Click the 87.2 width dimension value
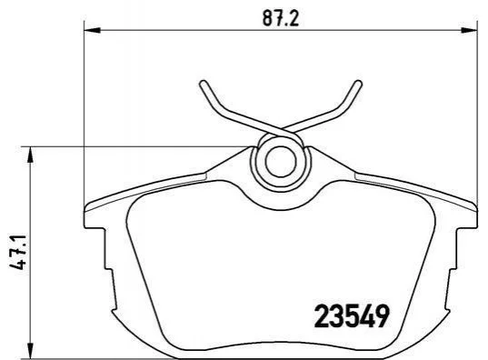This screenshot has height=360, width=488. tap(281, 18)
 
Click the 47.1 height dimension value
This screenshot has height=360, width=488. tap(18, 252)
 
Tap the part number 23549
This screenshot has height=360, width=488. tap(352, 315)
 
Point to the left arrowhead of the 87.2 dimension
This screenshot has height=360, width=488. tap(92, 30)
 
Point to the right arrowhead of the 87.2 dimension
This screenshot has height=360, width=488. tap(469, 30)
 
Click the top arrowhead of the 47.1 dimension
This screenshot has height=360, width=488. tap(30, 155)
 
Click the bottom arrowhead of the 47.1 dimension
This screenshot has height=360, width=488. tap(30, 350)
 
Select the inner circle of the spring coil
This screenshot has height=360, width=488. tap(280, 161)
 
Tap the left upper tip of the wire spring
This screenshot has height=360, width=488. tap(203, 84)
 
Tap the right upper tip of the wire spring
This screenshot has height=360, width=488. tap(358, 84)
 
